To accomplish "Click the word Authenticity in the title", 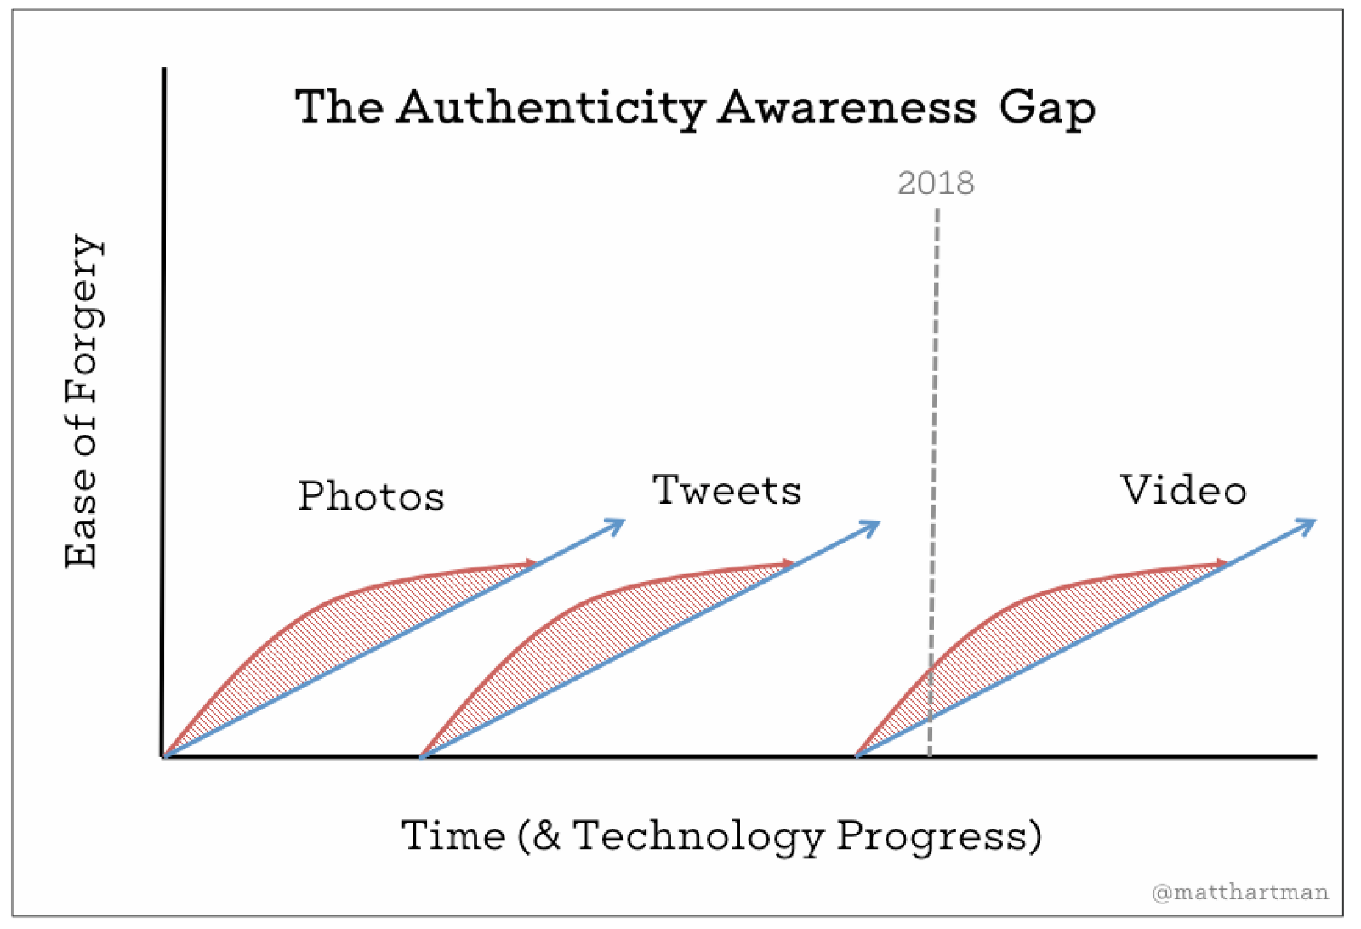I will click(x=551, y=109).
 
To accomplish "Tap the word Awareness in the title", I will click(x=846, y=109).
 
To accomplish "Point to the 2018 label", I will click(x=936, y=183).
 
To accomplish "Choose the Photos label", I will click(x=371, y=496).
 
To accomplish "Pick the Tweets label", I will click(x=726, y=491).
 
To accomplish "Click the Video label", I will click(x=1182, y=490).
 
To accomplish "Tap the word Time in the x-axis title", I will click(x=453, y=835).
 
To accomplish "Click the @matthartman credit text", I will click(x=1239, y=892).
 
